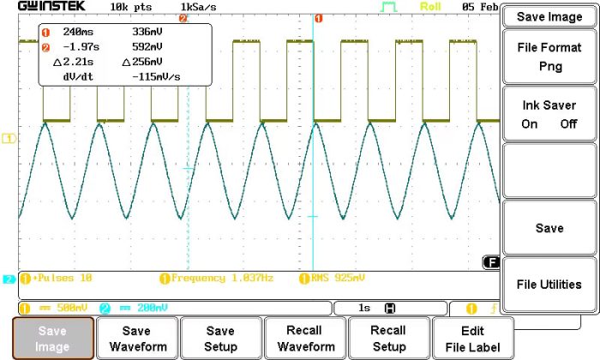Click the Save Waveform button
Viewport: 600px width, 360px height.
click(x=136, y=339)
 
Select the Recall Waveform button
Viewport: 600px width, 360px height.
click(x=304, y=339)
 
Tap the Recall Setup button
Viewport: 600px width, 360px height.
click(x=388, y=339)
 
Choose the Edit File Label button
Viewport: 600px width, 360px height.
click(x=472, y=339)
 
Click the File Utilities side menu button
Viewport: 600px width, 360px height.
click(x=549, y=285)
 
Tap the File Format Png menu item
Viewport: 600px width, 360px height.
click(x=549, y=57)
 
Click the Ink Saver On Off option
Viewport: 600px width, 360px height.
click(x=549, y=114)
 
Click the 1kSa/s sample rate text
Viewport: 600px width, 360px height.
click(x=198, y=6)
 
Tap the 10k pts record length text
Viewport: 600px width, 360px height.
click(x=131, y=6)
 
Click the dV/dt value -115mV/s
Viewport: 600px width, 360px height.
click(x=156, y=76)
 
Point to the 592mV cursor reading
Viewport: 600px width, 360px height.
click(x=149, y=47)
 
